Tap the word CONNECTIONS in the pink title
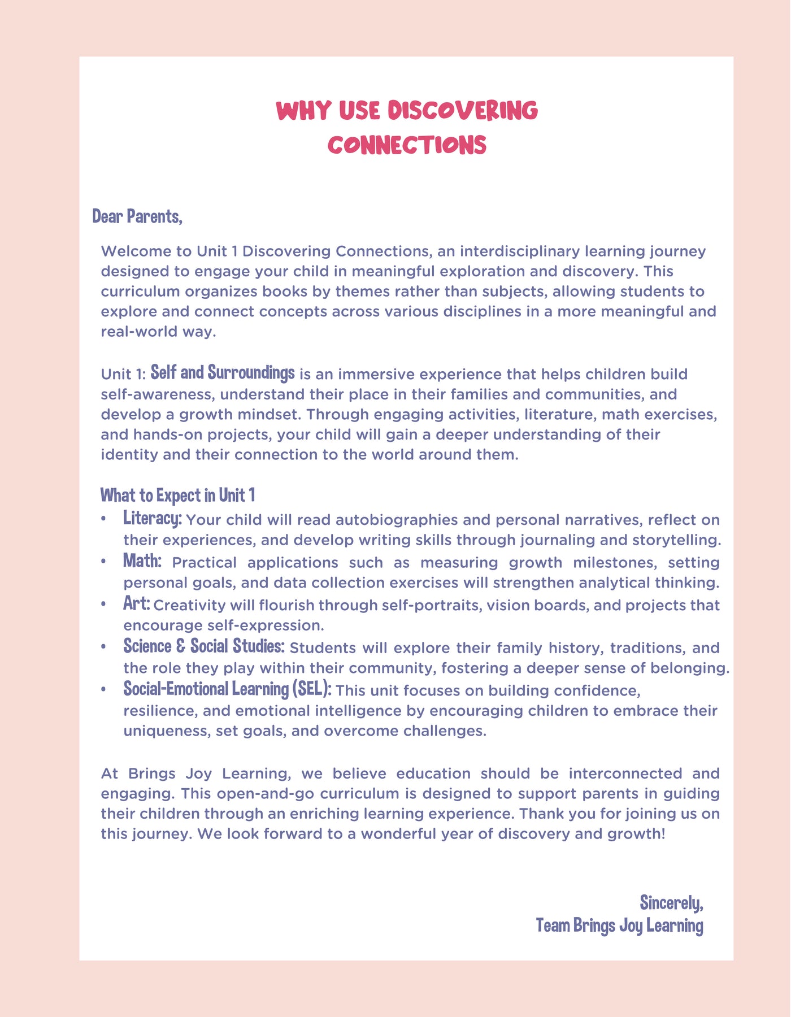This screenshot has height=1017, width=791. click(407, 145)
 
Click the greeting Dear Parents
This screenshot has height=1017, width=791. click(137, 216)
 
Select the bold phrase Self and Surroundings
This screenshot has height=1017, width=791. click(223, 373)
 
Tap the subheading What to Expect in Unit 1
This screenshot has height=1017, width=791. click(178, 496)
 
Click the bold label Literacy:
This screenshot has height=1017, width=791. click(153, 518)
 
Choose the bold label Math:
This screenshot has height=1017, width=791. click(142, 561)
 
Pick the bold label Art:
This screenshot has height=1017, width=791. click(137, 603)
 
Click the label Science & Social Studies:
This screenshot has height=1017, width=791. click(203, 646)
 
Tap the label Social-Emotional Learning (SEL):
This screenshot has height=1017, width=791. click(227, 689)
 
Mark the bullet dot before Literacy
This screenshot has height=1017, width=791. click(103, 519)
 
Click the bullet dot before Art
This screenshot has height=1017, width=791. click(103, 605)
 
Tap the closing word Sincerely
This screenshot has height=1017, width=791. click(671, 903)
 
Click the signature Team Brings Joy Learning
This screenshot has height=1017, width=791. click(620, 925)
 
